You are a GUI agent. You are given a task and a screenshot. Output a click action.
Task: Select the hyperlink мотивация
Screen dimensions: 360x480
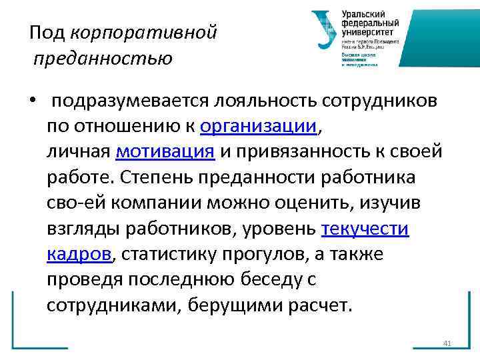tap(165, 151)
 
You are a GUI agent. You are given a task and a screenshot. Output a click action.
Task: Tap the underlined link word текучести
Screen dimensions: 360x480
tap(365, 229)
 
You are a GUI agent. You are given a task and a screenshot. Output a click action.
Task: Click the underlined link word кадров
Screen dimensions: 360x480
tap(79, 254)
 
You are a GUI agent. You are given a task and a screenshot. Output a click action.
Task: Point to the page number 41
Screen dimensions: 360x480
tap(447, 343)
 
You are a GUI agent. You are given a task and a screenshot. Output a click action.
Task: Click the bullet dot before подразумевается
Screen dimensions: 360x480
tap(31, 101)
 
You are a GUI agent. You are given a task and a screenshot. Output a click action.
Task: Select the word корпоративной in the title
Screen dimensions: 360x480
tap(143, 32)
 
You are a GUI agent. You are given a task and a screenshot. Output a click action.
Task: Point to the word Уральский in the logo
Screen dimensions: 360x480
tap(363, 14)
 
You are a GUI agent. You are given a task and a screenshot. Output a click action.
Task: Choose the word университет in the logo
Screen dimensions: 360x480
tap(367, 31)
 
